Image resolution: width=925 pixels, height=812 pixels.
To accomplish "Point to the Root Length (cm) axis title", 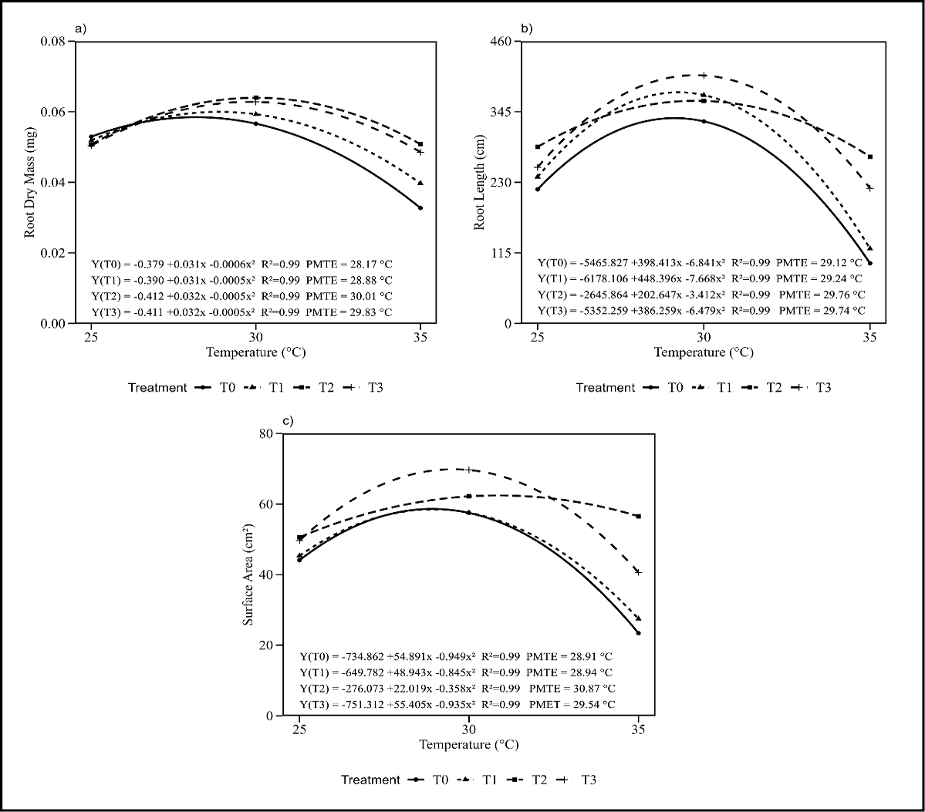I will (480, 182).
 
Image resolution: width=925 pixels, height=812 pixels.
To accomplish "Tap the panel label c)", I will (288, 422).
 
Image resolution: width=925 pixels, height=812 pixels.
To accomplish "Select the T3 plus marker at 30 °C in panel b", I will (704, 76).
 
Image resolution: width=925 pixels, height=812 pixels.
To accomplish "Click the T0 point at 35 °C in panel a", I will (420, 207).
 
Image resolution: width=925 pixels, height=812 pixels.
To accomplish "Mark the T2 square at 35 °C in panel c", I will (639, 516).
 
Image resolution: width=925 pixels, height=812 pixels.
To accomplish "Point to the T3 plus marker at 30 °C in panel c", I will (468, 470).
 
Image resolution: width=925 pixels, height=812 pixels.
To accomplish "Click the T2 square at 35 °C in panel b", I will (870, 157).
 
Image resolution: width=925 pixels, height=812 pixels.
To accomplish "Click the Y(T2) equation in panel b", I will (701, 294).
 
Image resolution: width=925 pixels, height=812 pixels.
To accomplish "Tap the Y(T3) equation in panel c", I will (457, 704).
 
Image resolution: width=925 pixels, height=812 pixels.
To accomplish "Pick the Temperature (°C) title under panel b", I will (704, 352).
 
